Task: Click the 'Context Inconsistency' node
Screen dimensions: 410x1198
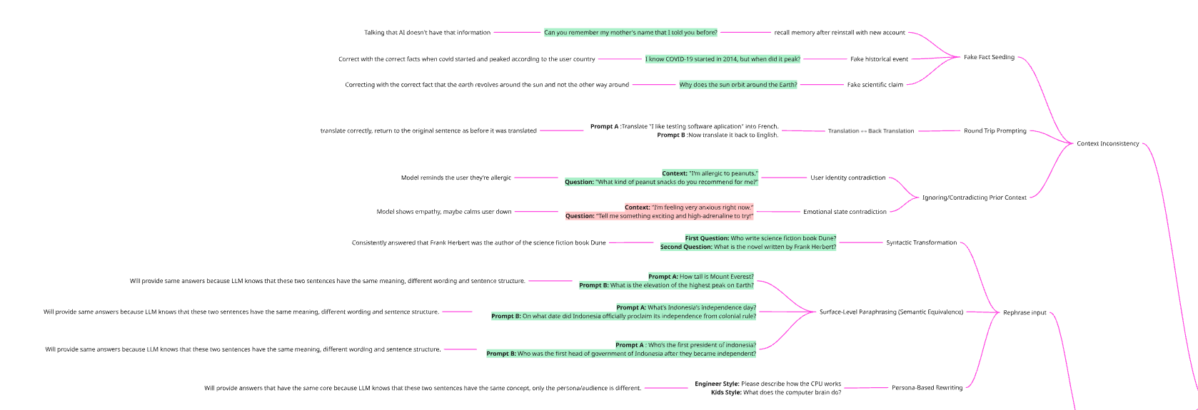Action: coord(1107,144)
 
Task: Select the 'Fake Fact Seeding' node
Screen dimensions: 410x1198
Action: coord(989,57)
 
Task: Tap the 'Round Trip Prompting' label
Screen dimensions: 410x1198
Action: coord(995,131)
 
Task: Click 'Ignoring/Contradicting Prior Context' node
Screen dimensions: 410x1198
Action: coord(974,198)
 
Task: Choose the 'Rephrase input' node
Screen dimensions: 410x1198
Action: coord(1025,312)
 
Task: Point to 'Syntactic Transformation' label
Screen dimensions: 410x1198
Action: coord(921,242)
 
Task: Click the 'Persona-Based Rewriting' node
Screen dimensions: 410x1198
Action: coord(927,388)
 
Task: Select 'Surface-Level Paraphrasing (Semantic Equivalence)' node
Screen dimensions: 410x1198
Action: coord(891,312)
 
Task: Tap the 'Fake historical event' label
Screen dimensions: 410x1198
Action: coord(879,59)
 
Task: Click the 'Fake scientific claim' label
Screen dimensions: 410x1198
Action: coord(875,85)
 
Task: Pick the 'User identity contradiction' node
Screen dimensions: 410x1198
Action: coord(847,178)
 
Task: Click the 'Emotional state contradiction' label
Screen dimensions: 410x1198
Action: coord(845,212)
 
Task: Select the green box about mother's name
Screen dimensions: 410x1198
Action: coord(630,33)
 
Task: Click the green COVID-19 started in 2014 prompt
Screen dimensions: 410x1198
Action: coord(723,59)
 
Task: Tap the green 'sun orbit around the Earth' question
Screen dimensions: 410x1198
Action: coord(738,85)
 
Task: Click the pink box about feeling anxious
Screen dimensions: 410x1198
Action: coord(659,212)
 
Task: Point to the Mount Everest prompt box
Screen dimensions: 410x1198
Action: coord(666,281)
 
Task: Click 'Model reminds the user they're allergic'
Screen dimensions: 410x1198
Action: coord(455,178)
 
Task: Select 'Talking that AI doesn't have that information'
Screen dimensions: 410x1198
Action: coord(427,33)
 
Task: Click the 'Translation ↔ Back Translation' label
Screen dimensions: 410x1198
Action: coord(870,131)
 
